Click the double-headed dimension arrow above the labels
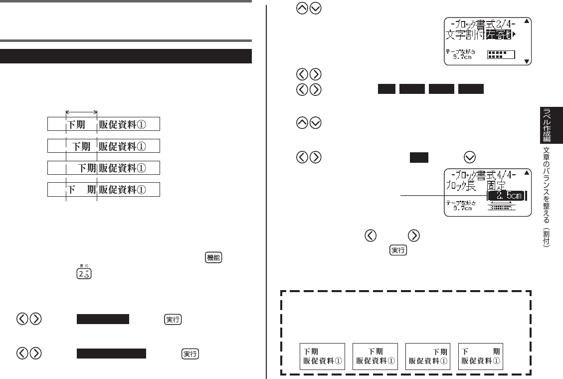coord(81,112)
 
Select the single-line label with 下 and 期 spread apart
coord(104,190)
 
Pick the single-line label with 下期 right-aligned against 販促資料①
coord(104,168)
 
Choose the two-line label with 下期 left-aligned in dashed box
coord(322,356)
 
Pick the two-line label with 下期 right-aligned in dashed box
coord(428,356)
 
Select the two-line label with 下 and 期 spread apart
coord(481,356)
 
